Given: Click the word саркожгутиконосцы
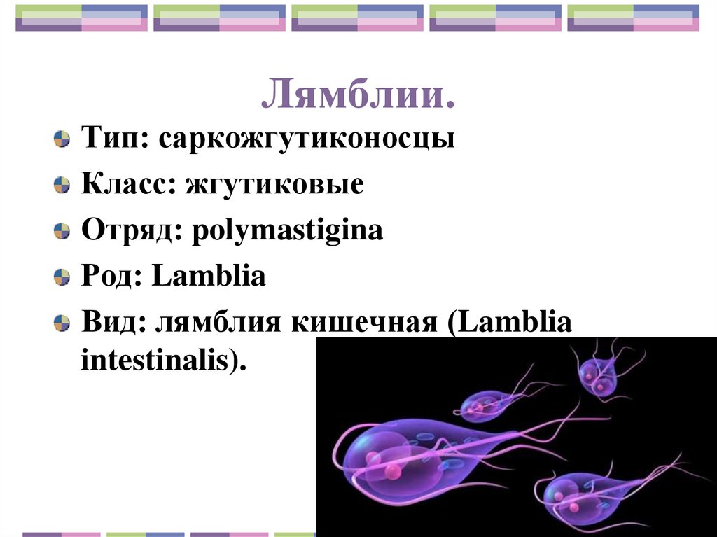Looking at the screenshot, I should click(307, 138).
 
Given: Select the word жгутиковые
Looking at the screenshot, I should click(274, 184).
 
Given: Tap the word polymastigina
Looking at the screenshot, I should click(284, 231).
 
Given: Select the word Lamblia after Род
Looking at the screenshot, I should click(209, 277).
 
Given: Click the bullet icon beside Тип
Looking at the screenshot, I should click(62, 139).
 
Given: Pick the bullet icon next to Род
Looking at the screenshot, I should click(62, 277).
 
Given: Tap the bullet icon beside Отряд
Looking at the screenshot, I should click(62, 231).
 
